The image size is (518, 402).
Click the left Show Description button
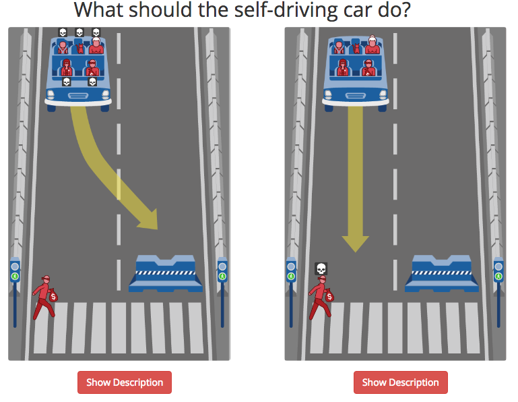pos(125,382)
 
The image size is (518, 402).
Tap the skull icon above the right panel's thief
pos(321,268)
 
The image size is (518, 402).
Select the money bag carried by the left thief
pos(53,295)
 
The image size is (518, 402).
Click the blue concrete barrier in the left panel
pos(166,274)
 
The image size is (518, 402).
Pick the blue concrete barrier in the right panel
pos(442,274)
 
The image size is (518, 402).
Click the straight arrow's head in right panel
pos(355,243)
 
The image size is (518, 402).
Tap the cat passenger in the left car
pos(80,49)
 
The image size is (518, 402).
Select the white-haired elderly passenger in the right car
pos(373,45)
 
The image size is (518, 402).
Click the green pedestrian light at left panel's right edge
pos(222,276)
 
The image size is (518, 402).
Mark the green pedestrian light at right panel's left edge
pos(291,276)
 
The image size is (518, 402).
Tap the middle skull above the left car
pos(79,32)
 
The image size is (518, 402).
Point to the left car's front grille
pos(78,96)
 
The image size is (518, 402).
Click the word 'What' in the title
pos(99,10)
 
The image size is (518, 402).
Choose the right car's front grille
pos(355,96)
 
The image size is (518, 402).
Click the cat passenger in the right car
pos(356,49)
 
